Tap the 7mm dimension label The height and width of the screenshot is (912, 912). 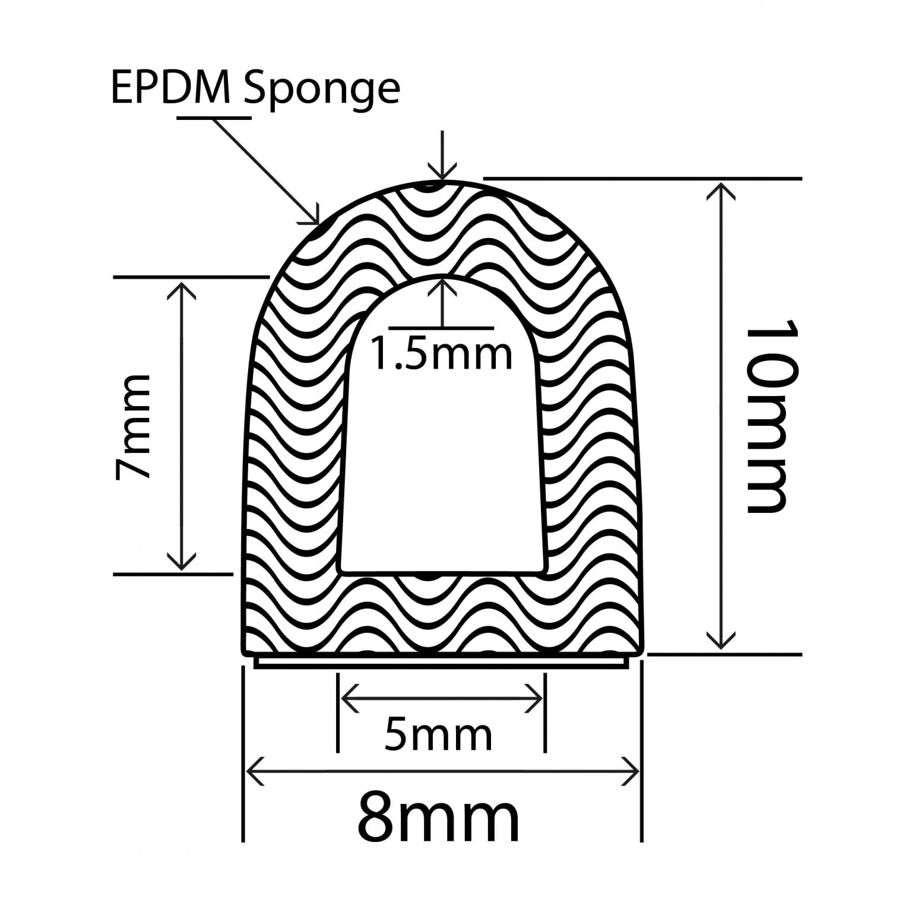pos(134,426)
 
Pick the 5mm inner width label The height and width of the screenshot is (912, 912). pos(439,734)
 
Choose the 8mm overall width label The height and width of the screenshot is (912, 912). pos(438,819)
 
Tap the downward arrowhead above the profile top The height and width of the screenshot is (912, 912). pos(442,172)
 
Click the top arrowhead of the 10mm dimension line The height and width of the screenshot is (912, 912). pos(721,189)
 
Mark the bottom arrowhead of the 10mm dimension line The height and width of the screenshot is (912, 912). pos(721,644)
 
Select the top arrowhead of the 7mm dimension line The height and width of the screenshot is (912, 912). pos(181,287)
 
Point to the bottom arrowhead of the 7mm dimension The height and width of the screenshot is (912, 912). pos(181,564)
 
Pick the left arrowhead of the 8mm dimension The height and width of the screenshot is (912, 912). pos(252,771)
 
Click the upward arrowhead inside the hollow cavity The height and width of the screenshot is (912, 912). pos(442,285)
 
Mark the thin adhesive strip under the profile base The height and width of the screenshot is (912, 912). pos(442,663)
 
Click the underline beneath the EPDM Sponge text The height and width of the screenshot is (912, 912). pos(214,118)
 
